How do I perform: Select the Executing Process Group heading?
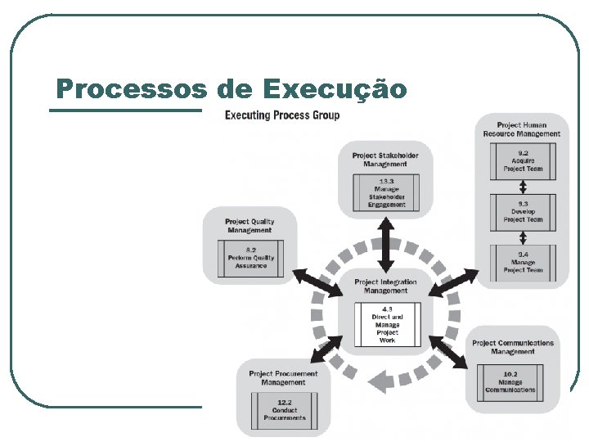(x=282, y=115)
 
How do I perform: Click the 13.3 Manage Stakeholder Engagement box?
(x=386, y=193)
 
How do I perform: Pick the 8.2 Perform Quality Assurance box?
(x=250, y=257)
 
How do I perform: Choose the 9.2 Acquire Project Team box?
(x=522, y=162)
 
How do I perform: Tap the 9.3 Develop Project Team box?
(x=522, y=210)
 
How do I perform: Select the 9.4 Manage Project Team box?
(x=522, y=261)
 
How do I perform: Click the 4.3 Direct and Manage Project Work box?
(x=386, y=323)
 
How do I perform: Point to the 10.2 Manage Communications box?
(x=512, y=381)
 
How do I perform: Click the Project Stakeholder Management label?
(x=385, y=159)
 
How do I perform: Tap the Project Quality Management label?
(x=250, y=225)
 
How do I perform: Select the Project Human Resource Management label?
(x=522, y=129)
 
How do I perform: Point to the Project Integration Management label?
(x=385, y=286)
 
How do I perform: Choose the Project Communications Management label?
(x=512, y=347)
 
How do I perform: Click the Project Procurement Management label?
(x=284, y=377)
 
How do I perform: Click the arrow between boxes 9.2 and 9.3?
(x=522, y=187)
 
